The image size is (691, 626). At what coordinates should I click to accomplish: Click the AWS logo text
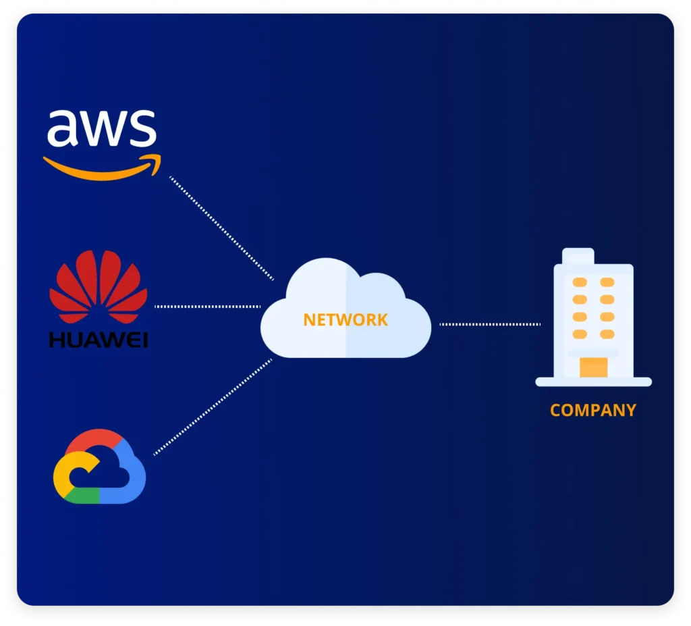(101, 128)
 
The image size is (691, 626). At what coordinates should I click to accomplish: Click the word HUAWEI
(99, 338)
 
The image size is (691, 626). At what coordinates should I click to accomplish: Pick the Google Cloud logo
(99, 467)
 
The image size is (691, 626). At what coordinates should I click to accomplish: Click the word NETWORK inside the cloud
(345, 319)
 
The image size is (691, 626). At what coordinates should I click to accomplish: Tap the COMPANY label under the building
(592, 410)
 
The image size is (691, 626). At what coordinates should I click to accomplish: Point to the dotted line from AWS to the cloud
(221, 228)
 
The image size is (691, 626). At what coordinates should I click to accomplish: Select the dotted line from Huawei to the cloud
(208, 307)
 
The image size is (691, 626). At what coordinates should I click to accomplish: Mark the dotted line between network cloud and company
(490, 324)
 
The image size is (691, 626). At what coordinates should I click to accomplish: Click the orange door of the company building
(593, 367)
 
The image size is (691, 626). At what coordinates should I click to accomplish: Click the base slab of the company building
(593, 382)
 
